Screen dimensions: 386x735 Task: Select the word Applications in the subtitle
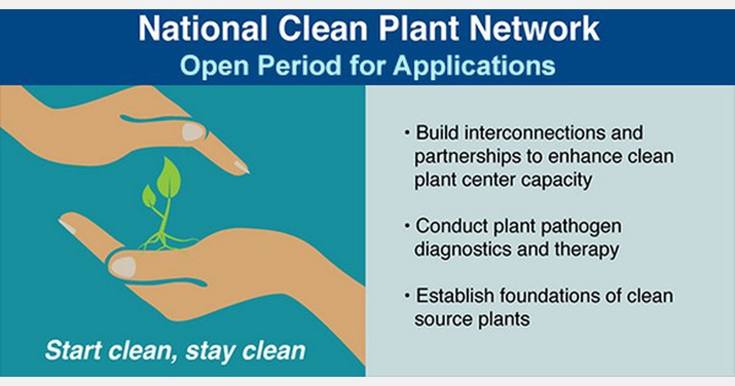[x=473, y=65]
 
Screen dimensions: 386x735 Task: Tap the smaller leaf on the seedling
[x=148, y=196]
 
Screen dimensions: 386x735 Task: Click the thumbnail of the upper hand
[x=194, y=132]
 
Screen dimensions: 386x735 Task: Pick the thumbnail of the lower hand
[x=123, y=266]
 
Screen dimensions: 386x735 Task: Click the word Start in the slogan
[x=73, y=351]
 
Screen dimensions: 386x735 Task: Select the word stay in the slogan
[x=210, y=351]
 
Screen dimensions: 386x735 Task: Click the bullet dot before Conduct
[x=407, y=226]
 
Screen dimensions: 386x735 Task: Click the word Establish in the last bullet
[x=454, y=296]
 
